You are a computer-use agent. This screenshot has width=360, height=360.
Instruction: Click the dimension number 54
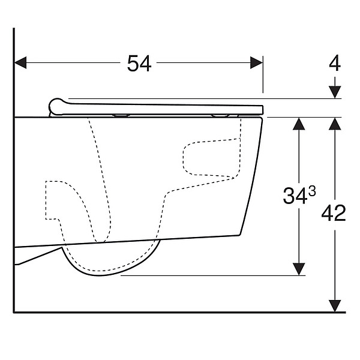(139, 64)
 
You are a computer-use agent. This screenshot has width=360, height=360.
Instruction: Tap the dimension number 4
(335, 63)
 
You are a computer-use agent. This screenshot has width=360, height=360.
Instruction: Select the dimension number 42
(334, 213)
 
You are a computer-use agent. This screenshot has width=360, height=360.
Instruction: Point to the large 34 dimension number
(295, 196)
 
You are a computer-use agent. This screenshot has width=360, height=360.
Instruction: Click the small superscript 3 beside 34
(312, 191)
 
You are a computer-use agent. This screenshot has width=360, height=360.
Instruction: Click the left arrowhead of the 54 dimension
(20, 62)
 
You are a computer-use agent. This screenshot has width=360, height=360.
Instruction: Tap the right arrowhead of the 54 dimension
(256, 62)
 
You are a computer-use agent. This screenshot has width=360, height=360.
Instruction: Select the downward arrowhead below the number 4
(335, 92)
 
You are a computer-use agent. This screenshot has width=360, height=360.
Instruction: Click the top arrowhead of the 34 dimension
(299, 124)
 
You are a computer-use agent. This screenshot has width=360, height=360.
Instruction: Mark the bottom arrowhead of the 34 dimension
(299, 269)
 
